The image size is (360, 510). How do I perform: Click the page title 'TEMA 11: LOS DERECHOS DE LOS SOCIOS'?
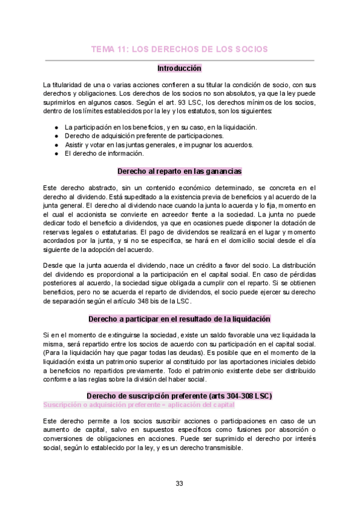(x=179, y=49)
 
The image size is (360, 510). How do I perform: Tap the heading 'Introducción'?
(x=179, y=69)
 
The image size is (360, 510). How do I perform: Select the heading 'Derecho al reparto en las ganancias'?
(x=179, y=171)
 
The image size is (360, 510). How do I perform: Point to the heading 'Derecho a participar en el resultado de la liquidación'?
(x=179, y=319)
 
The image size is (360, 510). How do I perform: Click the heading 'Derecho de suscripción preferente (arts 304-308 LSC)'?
(x=179, y=396)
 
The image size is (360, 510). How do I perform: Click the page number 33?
(x=179, y=484)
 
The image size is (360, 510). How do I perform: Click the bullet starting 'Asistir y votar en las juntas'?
(x=159, y=145)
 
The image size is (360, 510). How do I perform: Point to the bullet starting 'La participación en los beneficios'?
(x=160, y=127)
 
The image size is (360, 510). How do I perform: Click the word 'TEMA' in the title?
(x=102, y=49)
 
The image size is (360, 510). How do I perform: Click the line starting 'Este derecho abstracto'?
(x=179, y=188)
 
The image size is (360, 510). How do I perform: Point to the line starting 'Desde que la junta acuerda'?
(x=179, y=266)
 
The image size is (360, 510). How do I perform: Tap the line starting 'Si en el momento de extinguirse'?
(x=179, y=334)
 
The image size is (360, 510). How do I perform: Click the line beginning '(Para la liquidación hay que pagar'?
(x=179, y=353)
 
